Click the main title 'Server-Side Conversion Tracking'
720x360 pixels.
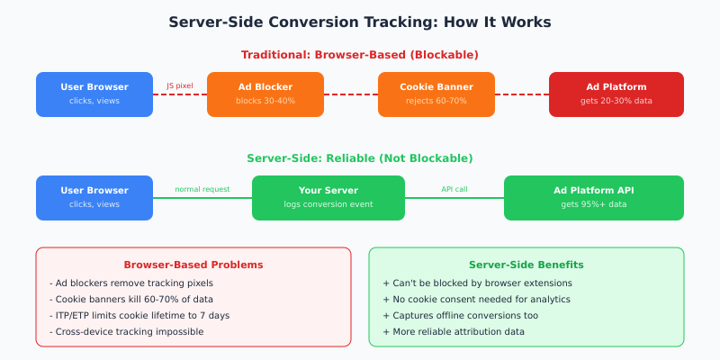pos(360,22)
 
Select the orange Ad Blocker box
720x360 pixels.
pos(265,94)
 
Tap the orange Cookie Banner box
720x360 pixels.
pos(436,94)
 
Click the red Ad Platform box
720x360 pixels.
pos(616,94)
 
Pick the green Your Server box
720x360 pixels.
pos(328,197)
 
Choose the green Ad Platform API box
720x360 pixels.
pos(594,197)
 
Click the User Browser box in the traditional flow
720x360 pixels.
pos(94,94)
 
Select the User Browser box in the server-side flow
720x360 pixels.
pos(94,197)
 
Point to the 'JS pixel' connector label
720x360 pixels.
pos(180,86)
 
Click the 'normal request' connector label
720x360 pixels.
pos(202,190)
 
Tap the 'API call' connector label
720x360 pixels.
pos(454,190)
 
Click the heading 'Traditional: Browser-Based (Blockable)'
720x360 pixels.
pos(360,55)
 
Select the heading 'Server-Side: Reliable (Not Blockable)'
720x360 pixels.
pos(360,158)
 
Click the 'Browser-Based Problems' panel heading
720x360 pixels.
pos(193,265)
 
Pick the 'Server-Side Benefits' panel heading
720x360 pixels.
pos(526,265)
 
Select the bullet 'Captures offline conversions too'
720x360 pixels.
pos(460,315)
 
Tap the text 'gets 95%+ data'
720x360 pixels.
pos(594,204)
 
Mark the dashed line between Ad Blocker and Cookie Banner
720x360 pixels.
pos(351,94)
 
